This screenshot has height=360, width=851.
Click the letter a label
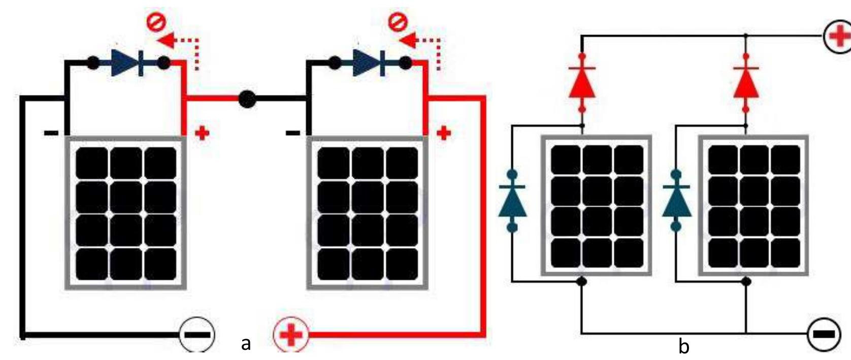(x=246, y=344)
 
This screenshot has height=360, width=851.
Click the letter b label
(x=684, y=346)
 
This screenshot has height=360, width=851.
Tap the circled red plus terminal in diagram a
(x=291, y=335)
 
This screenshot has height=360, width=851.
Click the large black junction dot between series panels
(x=247, y=99)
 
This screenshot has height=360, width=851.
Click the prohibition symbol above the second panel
(x=398, y=22)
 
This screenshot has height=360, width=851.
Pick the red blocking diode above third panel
(x=582, y=83)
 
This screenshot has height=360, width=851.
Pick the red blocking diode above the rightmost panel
(x=746, y=83)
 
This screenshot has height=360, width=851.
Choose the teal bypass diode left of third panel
(x=512, y=201)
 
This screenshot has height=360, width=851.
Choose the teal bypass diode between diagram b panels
(x=676, y=201)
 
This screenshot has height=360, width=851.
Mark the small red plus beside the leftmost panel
(x=202, y=134)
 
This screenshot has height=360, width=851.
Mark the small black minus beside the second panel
(x=293, y=133)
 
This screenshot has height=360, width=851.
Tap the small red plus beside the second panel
(x=444, y=134)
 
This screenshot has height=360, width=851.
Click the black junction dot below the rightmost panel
(x=746, y=281)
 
